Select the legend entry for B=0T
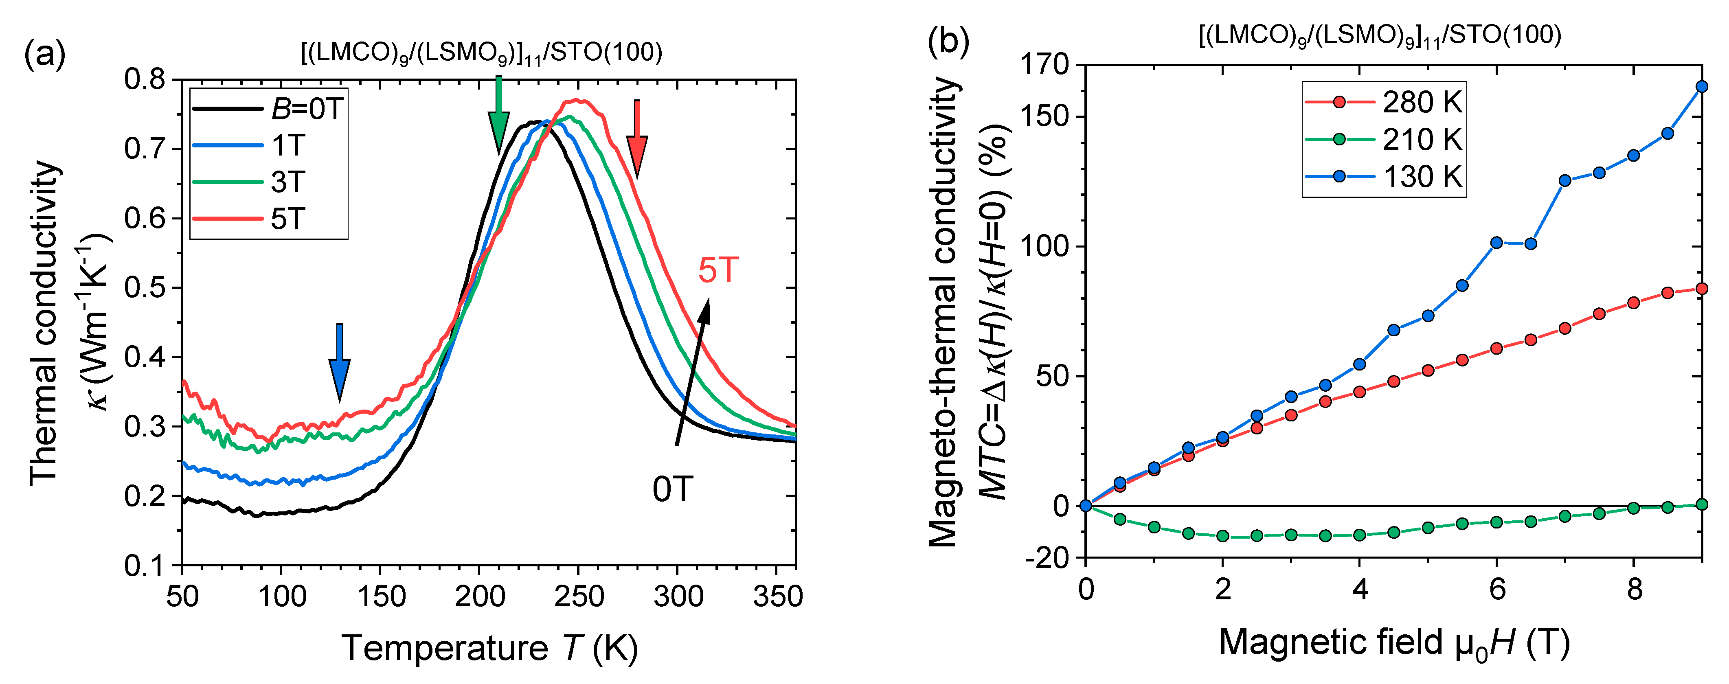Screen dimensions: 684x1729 tap(268, 109)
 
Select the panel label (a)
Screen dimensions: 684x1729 tap(44, 54)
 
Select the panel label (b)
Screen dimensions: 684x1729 tap(948, 42)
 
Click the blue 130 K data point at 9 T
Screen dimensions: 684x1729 tap(1701, 87)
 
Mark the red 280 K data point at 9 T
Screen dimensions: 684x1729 tap(1701, 289)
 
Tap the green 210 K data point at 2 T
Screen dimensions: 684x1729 tap(1223, 536)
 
